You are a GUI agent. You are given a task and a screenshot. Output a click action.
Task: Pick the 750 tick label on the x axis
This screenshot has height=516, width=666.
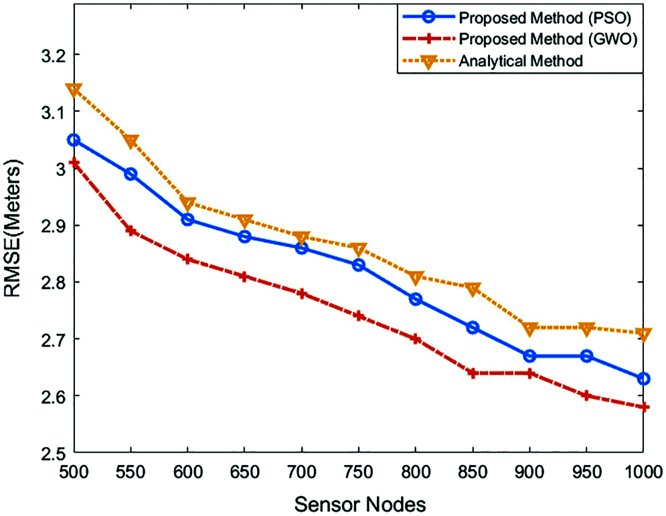pos(358,471)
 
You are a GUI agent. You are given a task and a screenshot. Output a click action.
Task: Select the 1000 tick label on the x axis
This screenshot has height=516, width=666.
pos(641,471)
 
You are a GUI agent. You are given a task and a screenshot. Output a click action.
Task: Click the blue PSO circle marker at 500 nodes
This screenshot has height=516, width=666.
pos(74,140)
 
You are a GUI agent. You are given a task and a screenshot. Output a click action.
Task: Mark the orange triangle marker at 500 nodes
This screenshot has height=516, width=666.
pos(74,90)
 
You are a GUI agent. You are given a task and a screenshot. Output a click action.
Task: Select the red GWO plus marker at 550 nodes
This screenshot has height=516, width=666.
pos(131,231)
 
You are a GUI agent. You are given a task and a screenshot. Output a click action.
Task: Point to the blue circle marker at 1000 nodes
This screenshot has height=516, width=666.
pos(644,379)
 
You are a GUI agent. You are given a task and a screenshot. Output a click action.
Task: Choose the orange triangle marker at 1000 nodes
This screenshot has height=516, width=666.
pos(644,333)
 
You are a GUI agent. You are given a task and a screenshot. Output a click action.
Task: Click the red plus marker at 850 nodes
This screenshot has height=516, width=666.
pos(473,373)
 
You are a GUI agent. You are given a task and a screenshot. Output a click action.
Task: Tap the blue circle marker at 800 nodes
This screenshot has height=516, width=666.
pos(415,299)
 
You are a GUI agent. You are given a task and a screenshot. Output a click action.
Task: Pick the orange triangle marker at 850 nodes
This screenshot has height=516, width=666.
pos(473,288)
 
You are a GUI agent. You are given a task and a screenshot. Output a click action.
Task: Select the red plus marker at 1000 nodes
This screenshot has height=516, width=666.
pos(644,407)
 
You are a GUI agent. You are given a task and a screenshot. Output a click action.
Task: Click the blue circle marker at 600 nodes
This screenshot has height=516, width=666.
pos(187,220)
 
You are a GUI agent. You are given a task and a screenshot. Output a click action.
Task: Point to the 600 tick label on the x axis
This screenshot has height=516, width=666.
pos(187,471)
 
